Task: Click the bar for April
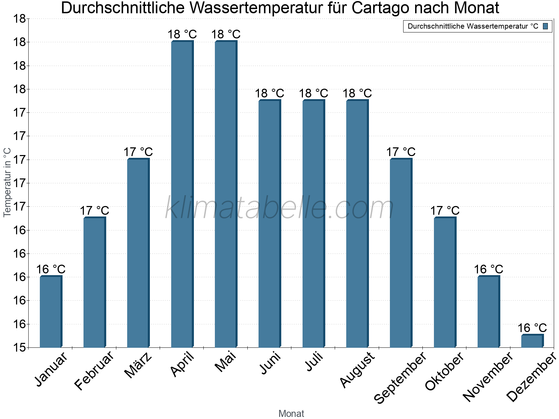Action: (182, 194)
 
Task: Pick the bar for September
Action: (401, 253)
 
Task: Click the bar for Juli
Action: (313, 223)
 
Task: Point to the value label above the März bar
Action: (138, 152)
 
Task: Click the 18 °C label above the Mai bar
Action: (226, 35)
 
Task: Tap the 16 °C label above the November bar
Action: (488, 270)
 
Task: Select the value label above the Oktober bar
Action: (445, 211)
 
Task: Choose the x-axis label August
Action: (357, 370)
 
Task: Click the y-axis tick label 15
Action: (20, 348)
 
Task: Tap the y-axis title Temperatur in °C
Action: (8, 182)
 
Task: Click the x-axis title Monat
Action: (291, 414)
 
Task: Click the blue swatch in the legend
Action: (545, 26)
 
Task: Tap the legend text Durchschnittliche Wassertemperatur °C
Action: (473, 26)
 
